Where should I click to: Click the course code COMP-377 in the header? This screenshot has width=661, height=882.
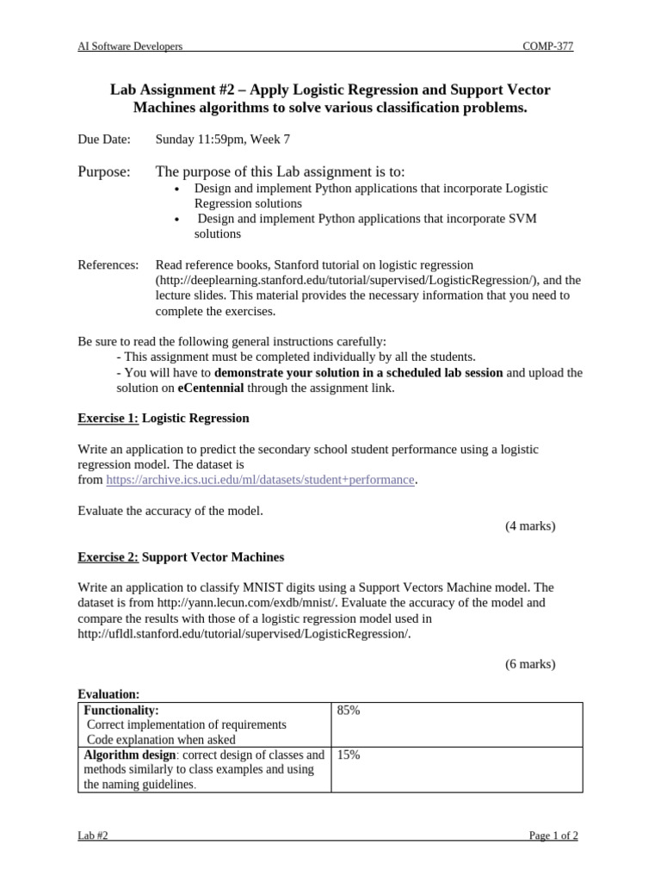pyautogui.click(x=547, y=47)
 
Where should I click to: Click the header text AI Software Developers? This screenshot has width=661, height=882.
pyautogui.click(x=130, y=47)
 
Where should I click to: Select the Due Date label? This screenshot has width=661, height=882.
pyautogui.click(x=104, y=139)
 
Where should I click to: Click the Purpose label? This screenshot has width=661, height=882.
pyautogui.click(x=104, y=172)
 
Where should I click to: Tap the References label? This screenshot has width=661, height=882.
pyautogui.click(x=108, y=264)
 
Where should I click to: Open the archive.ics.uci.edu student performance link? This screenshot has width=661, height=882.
pyautogui.click(x=260, y=480)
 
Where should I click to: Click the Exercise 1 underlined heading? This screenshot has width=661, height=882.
pyautogui.click(x=108, y=418)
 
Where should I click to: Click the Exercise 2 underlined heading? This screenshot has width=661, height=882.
pyautogui.click(x=108, y=557)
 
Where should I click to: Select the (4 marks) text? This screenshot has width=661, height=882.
pyautogui.click(x=529, y=526)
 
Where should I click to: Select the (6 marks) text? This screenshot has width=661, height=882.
pyautogui.click(x=529, y=663)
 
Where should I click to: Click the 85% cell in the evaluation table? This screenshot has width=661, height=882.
pyautogui.click(x=349, y=711)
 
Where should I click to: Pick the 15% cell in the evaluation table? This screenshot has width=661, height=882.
pyautogui.click(x=349, y=755)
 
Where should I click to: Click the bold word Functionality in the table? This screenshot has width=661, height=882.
pyautogui.click(x=121, y=711)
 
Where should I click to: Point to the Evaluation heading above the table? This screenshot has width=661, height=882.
pyautogui.click(x=108, y=694)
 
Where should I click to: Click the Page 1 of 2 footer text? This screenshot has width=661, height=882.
pyautogui.click(x=552, y=835)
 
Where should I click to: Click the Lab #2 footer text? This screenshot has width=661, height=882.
pyautogui.click(x=93, y=835)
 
